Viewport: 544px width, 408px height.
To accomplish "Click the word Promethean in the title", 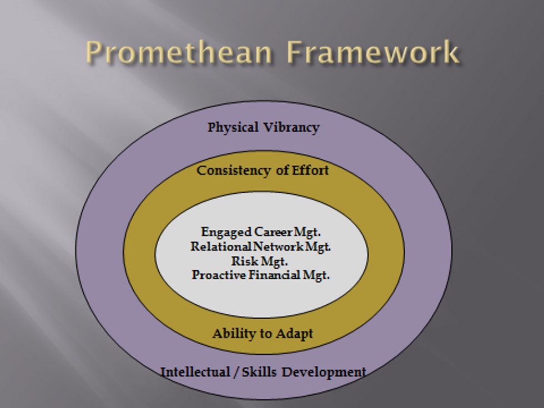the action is [179, 52].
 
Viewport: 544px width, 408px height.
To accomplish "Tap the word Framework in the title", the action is [373, 52].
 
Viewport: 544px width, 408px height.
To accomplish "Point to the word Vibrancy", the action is [291, 128].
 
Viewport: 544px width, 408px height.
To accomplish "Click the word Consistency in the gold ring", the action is [234, 171].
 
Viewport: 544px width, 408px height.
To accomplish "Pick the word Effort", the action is [310, 170].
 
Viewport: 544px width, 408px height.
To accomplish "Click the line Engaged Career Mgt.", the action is [260, 232].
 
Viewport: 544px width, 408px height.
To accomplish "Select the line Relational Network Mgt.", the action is [260, 246].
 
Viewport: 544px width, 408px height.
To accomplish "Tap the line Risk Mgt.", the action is [260, 261].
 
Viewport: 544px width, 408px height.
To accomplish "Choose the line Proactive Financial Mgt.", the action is [260, 275].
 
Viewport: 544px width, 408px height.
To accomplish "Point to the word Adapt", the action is [295, 334].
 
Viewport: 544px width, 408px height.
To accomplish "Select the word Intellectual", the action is [195, 372].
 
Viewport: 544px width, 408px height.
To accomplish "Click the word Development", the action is [324, 372].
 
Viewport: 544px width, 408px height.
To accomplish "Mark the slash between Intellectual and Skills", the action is [236, 372].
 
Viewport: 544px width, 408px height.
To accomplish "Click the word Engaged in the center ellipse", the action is [226, 232].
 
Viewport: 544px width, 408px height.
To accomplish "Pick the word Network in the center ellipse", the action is [278, 246].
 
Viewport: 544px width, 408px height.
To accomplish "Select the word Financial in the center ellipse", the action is [274, 275].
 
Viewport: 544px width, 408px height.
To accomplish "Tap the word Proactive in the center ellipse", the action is [219, 275].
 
